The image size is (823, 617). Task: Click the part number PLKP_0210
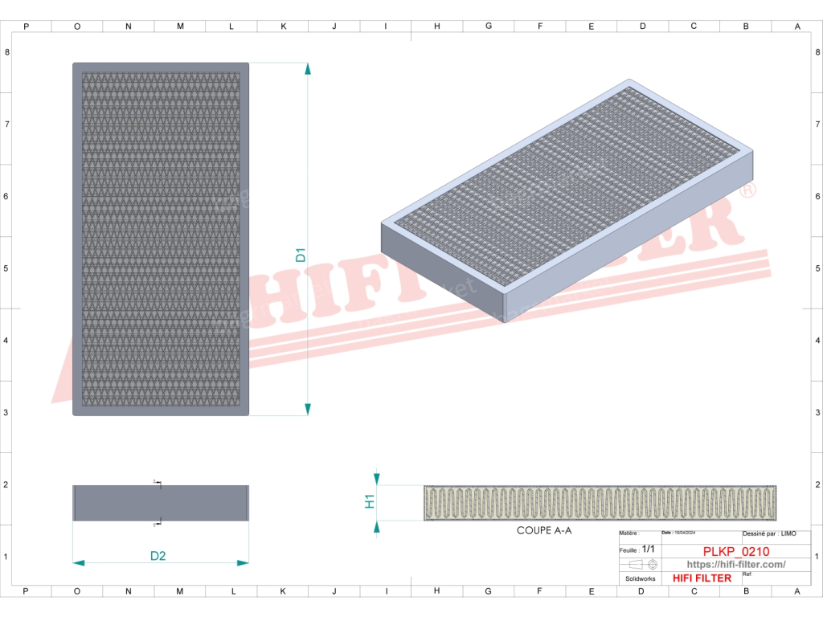(x=736, y=551)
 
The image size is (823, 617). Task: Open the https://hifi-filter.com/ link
(x=736, y=565)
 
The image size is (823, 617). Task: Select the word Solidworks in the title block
(x=640, y=578)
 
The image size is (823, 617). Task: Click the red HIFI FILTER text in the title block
(x=702, y=578)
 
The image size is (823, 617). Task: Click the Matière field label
(x=629, y=533)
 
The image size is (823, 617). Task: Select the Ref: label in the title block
(x=747, y=574)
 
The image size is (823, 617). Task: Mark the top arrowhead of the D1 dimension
(x=308, y=68)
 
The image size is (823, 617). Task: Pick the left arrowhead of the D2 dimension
(x=78, y=563)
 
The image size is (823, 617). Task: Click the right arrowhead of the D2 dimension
(x=244, y=563)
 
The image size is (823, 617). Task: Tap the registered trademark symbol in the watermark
(x=747, y=191)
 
